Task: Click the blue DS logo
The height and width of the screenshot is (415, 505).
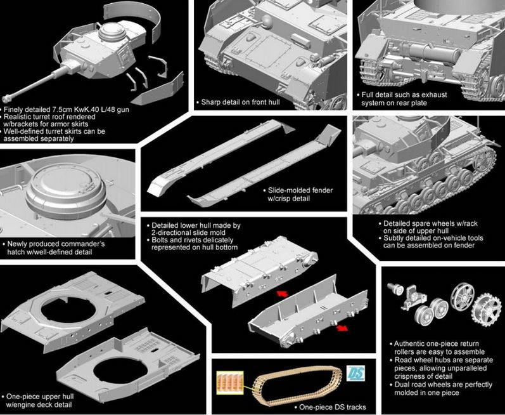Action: click(x=356, y=373)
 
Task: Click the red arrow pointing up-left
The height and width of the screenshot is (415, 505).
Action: click(x=283, y=293)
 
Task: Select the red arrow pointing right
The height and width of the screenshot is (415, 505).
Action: click(x=342, y=328)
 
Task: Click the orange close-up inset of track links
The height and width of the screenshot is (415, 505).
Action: click(x=230, y=383)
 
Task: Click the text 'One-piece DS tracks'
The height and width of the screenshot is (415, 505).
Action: click(x=333, y=407)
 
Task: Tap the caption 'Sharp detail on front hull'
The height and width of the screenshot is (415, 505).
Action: click(x=241, y=102)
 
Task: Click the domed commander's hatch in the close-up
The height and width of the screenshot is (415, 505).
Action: click(x=66, y=190)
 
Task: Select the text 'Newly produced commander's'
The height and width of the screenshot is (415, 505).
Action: click(x=55, y=244)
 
